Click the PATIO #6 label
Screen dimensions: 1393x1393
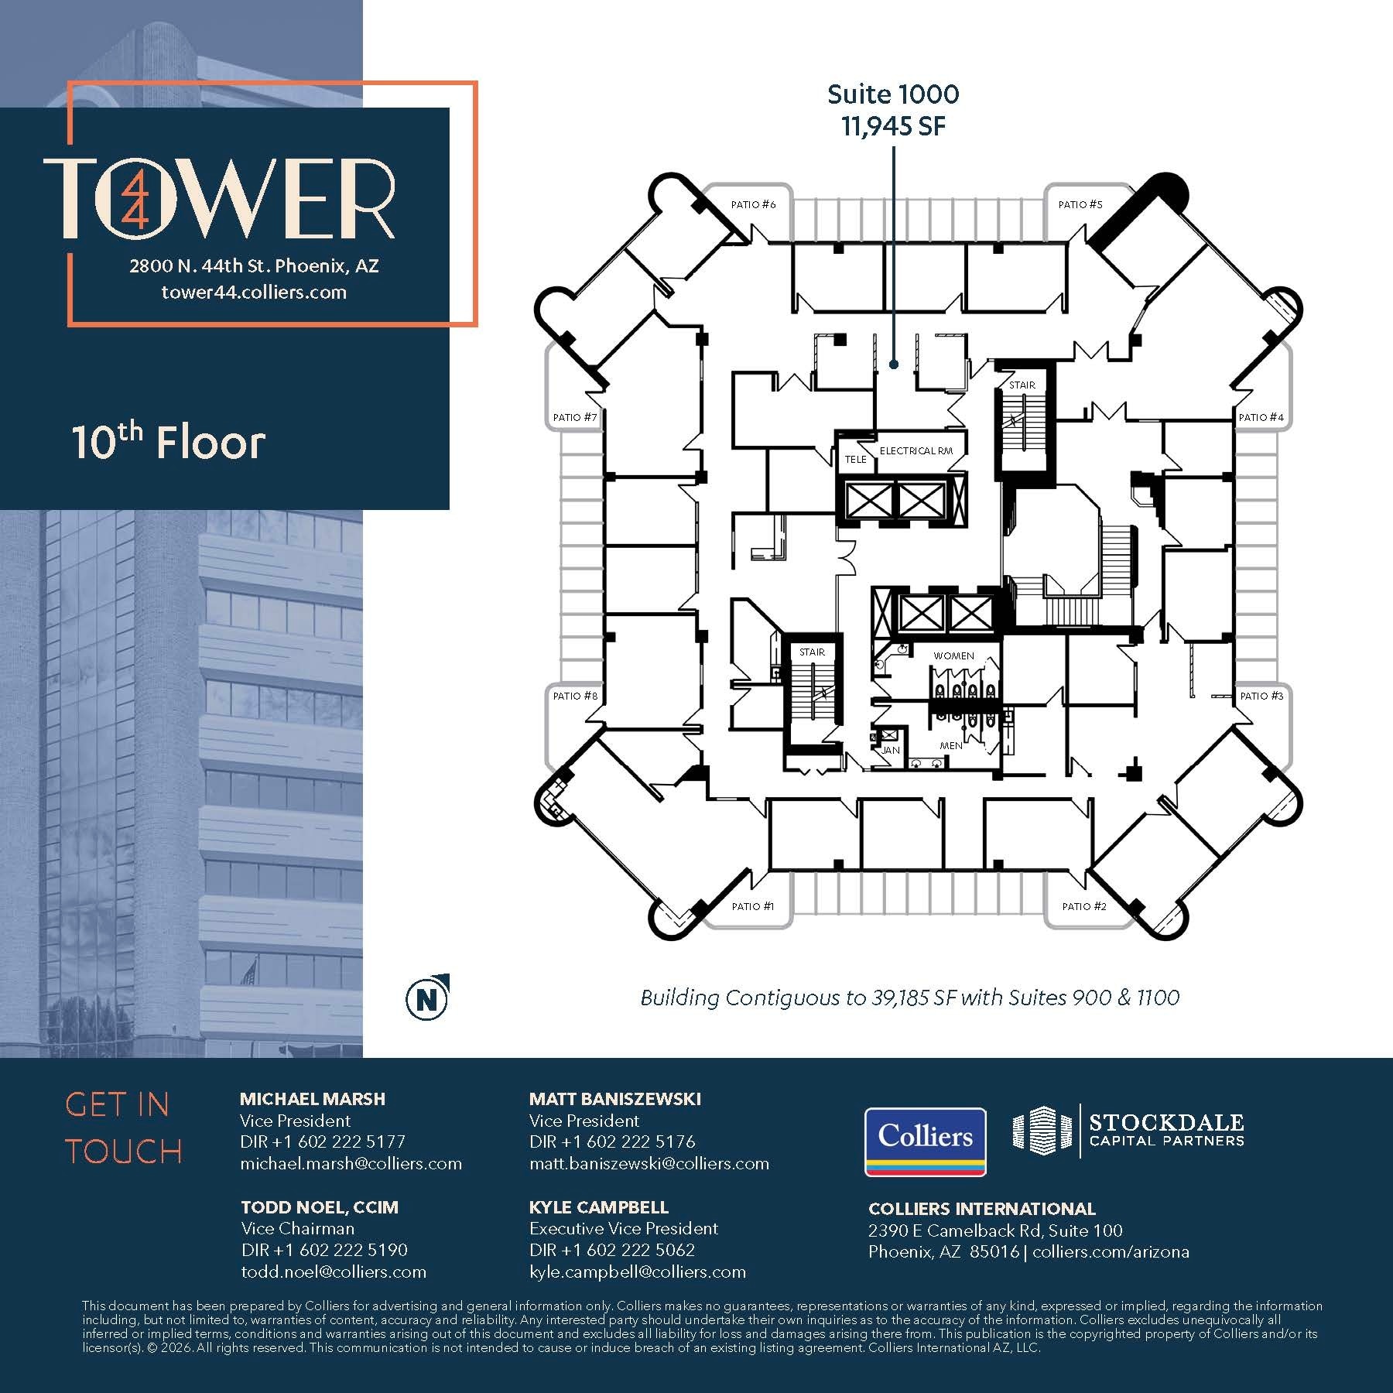pyautogui.click(x=753, y=204)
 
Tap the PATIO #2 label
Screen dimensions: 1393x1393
pyautogui.click(x=1083, y=906)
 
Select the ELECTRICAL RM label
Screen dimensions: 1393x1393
pyautogui.click(x=916, y=450)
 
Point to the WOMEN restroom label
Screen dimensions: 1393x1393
pyautogui.click(x=953, y=655)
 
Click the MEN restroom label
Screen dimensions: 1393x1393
pyautogui.click(x=950, y=745)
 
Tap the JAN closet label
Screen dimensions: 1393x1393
pyautogui.click(x=891, y=750)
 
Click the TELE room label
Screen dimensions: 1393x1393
pyautogui.click(x=855, y=459)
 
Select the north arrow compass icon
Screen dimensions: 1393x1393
pyautogui.click(x=427, y=998)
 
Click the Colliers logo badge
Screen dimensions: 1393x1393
pyautogui.click(x=925, y=1141)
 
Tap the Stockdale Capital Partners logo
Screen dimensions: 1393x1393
pyautogui.click(x=1128, y=1130)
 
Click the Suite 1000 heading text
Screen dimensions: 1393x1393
pyautogui.click(x=893, y=94)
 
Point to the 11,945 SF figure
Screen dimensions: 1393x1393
pyautogui.click(x=893, y=126)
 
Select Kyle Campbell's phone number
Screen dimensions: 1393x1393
pyautogui.click(x=612, y=1250)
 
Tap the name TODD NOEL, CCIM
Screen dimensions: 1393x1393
pyautogui.click(x=319, y=1207)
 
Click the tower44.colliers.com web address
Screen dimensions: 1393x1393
pyautogui.click(x=254, y=293)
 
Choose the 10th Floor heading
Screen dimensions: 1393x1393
pyautogui.click(x=169, y=442)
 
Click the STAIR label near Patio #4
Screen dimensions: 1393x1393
pyautogui.click(x=1022, y=385)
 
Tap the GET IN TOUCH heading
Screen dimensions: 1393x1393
pyautogui.click(x=124, y=1128)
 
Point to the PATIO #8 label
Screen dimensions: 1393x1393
pyautogui.click(x=575, y=696)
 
